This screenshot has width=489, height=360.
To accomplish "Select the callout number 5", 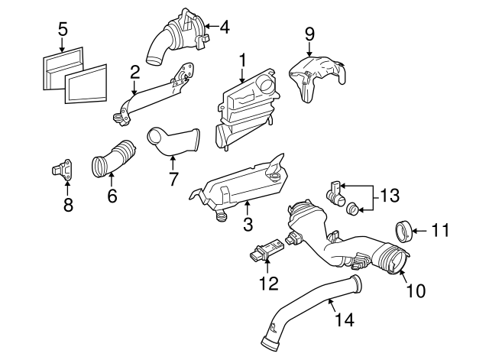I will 63,30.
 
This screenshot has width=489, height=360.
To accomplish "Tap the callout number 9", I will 309,34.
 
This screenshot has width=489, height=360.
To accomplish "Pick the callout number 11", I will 440,229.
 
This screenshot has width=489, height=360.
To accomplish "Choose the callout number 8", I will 68,206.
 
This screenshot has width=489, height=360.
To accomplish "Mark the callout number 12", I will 269,284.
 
